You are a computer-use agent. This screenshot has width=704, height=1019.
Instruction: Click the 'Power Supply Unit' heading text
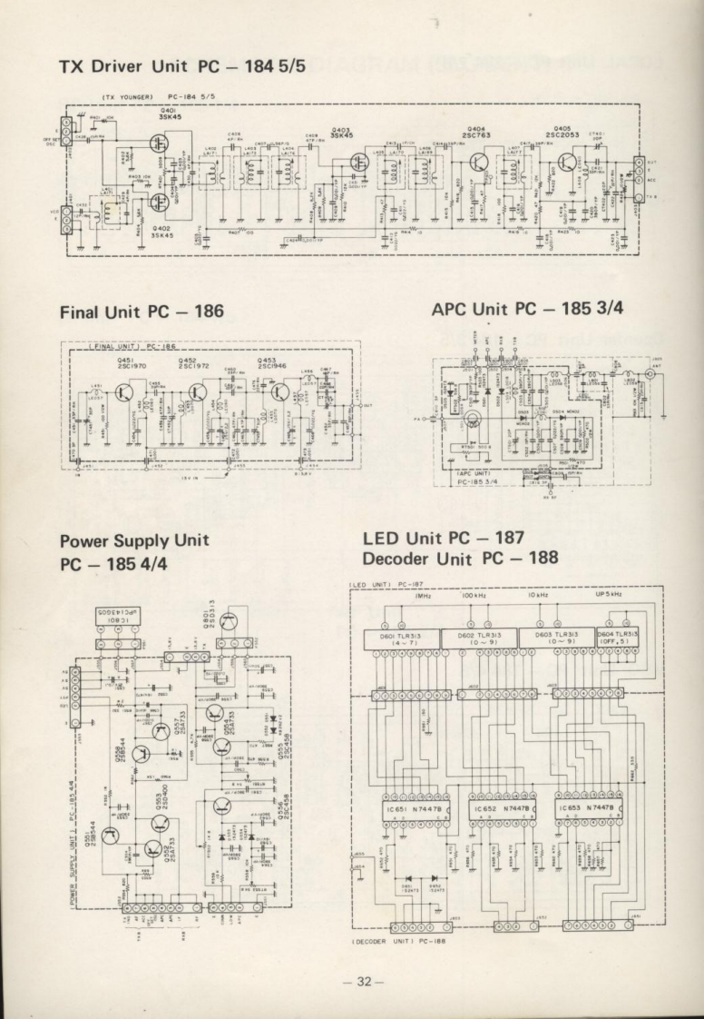[134, 539]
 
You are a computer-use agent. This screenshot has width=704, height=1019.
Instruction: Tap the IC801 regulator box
[122, 617]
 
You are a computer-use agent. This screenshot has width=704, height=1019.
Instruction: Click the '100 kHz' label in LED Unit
[475, 595]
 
